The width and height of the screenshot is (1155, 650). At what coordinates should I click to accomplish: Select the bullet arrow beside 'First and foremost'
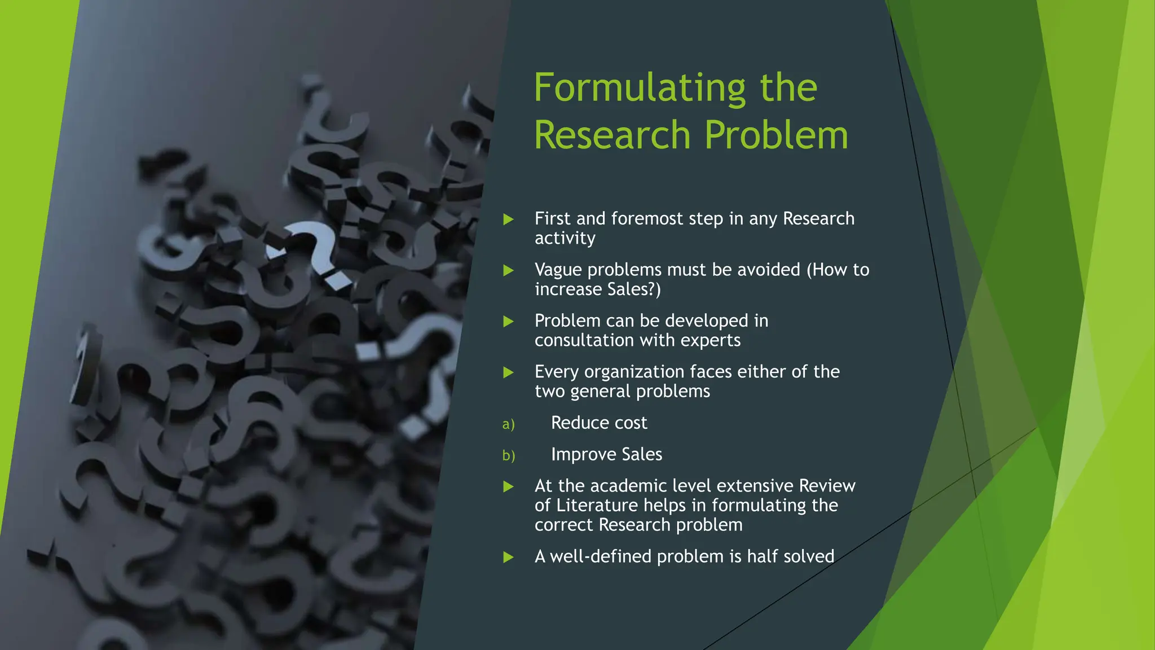click(x=508, y=219)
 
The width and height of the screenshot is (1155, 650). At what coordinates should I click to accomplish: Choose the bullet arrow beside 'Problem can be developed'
click(x=508, y=322)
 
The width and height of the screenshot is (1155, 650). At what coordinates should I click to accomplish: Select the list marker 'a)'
click(x=508, y=424)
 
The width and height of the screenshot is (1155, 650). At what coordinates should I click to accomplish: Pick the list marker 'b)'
click(x=508, y=456)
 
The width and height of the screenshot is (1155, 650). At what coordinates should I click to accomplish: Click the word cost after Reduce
click(x=631, y=423)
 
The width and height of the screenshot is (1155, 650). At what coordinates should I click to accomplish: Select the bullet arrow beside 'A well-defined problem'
click(x=508, y=557)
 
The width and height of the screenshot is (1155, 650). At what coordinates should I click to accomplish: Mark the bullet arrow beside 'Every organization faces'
click(x=508, y=372)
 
